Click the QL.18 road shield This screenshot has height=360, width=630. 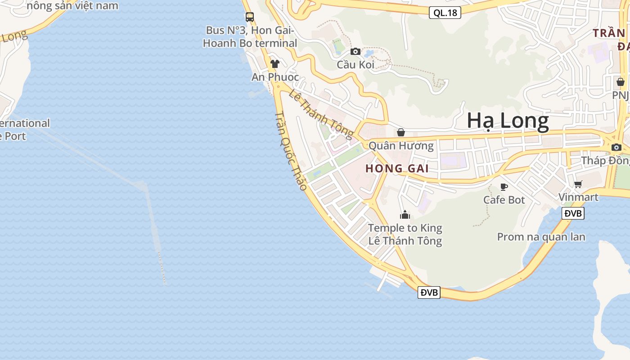(x=445, y=13)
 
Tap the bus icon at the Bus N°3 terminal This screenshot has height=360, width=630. (x=250, y=17)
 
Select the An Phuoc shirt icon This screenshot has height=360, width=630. (x=275, y=64)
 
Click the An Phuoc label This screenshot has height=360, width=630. (x=275, y=77)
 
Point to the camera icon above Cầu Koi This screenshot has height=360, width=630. (x=355, y=51)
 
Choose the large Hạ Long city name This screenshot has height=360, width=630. (x=508, y=121)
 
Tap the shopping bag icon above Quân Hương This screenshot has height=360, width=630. (x=401, y=132)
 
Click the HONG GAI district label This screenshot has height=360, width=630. (x=397, y=169)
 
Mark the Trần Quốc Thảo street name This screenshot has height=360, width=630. (x=291, y=151)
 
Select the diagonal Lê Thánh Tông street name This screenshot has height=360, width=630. (x=321, y=113)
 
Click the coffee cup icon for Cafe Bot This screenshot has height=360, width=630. (x=504, y=186)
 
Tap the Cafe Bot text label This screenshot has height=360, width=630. (x=504, y=199)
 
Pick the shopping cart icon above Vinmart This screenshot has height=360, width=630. (x=578, y=184)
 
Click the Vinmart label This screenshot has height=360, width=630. (x=578, y=197)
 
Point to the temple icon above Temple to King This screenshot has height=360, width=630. (x=405, y=215)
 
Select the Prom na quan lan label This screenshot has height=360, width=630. (x=541, y=237)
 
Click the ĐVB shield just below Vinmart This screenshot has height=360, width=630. (x=573, y=213)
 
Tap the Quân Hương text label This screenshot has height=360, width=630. (x=401, y=145)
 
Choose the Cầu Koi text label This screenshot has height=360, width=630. (x=355, y=64)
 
